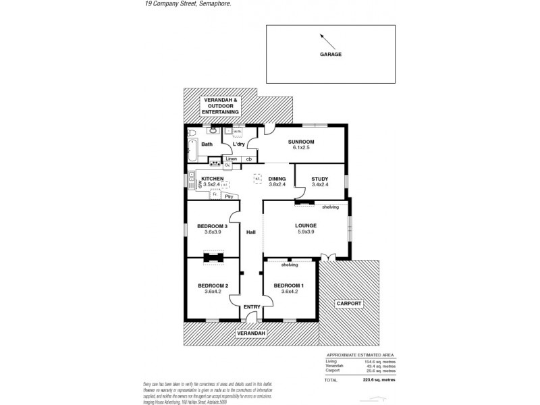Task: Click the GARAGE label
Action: [x=331, y=55]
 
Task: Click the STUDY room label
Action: [x=319, y=179]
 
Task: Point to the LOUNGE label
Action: [x=305, y=225]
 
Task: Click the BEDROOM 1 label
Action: [x=288, y=286]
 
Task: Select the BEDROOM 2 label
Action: [x=213, y=286]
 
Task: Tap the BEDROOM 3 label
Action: [x=213, y=226]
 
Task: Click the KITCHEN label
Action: [x=213, y=179]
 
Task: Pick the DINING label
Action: [x=277, y=179]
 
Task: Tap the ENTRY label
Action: [x=252, y=307]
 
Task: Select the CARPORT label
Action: [x=349, y=304]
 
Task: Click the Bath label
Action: [x=207, y=144]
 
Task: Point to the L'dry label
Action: [x=238, y=144]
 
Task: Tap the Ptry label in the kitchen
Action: [x=229, y=196]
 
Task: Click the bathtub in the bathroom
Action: [x=192, y=151]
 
